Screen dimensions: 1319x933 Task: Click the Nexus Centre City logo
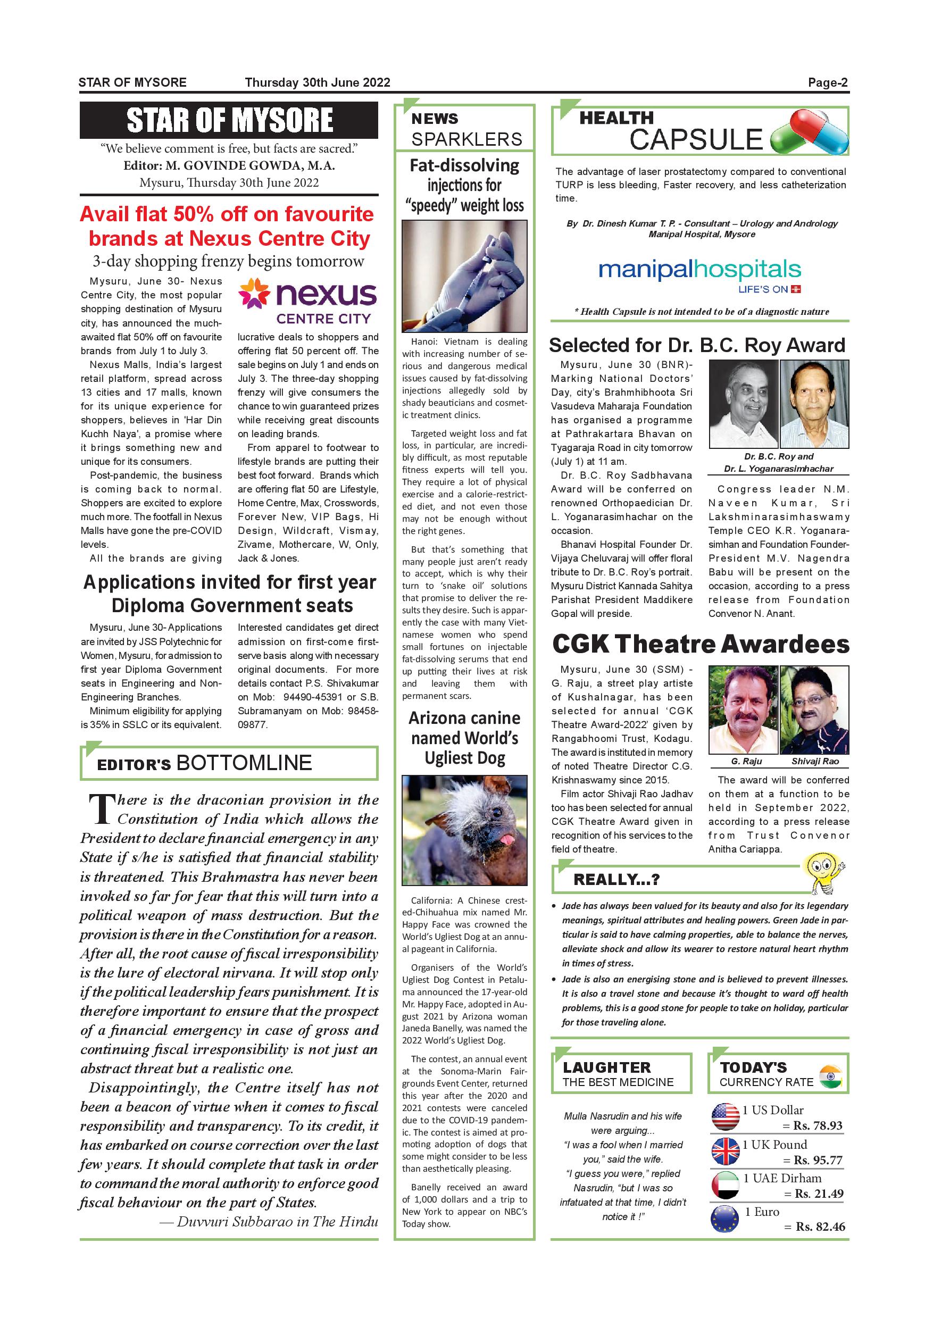pyautogui.click(x=307, y=302)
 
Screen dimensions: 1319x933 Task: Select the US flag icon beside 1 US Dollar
pyautogui.click(x=726, y=1117)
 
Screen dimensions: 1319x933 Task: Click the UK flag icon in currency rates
pyautogui.click(x=726, y=1151)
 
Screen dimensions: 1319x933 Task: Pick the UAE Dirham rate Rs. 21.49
pyautogui.click(x=819, y=1194)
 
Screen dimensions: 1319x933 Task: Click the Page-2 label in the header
pyautogui.click(x=827, y=83)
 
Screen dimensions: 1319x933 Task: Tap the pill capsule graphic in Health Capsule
pyautogui.click(x=809, y=133)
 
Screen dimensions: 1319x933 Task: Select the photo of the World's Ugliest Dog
pyautogui.click(x=464, y=830)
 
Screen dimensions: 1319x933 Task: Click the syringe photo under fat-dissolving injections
pyautogui.click(x=464, y=277)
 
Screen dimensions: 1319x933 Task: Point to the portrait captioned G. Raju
pyautogui.click(x=744, y=709)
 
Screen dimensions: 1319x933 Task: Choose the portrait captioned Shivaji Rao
pyautogui.click(x=814, y=709)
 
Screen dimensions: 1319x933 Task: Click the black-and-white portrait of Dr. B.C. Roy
pyautogui.click(x=744, y=404)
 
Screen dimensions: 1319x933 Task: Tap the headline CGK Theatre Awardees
pyautogui.click(x=701, y=645)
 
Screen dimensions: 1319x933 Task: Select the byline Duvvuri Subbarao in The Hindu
pyautogui.click(x=269, y=1222)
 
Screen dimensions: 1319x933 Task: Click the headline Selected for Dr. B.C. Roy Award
pyautogui.click(x=697, y=345)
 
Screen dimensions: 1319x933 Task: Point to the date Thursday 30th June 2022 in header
pyautogui.click(x=317, y=83)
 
